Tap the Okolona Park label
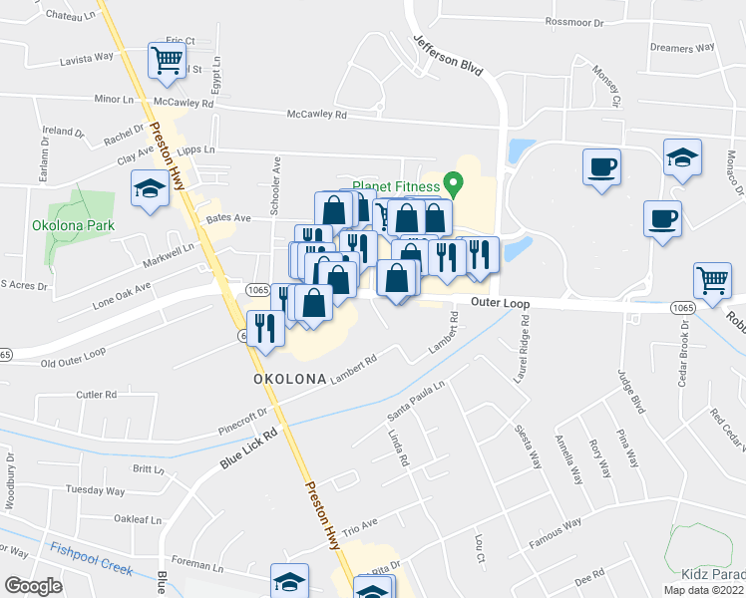pyautogui.click(x=73, y=225)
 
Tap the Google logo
pyautogui.click(x=32, y=585)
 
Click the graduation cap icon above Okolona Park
pyautogui.click(x=150, y=188)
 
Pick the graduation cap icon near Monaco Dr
pyautogui.click(x=682, y=158)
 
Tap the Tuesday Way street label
pyautogui.click(x=95, y=490)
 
